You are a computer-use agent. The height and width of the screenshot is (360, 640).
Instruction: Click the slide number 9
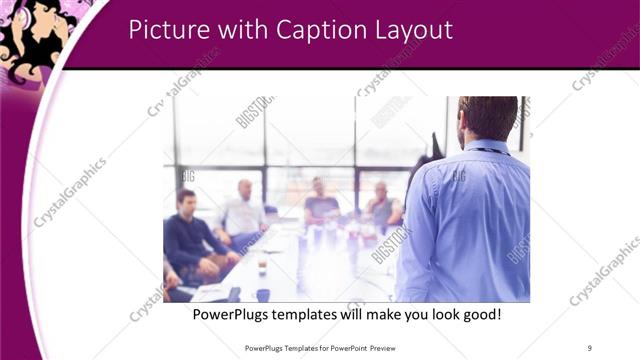point(589,347)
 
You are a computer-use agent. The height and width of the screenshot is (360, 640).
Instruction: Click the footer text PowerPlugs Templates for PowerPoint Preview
point(319,347)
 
